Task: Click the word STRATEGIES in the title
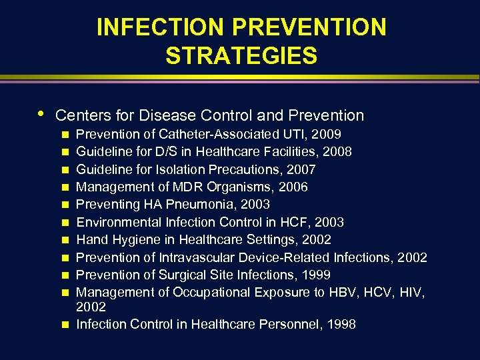(241, 56)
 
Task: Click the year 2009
(327, 134)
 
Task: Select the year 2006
(294, 187)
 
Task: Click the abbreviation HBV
(345, 292)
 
